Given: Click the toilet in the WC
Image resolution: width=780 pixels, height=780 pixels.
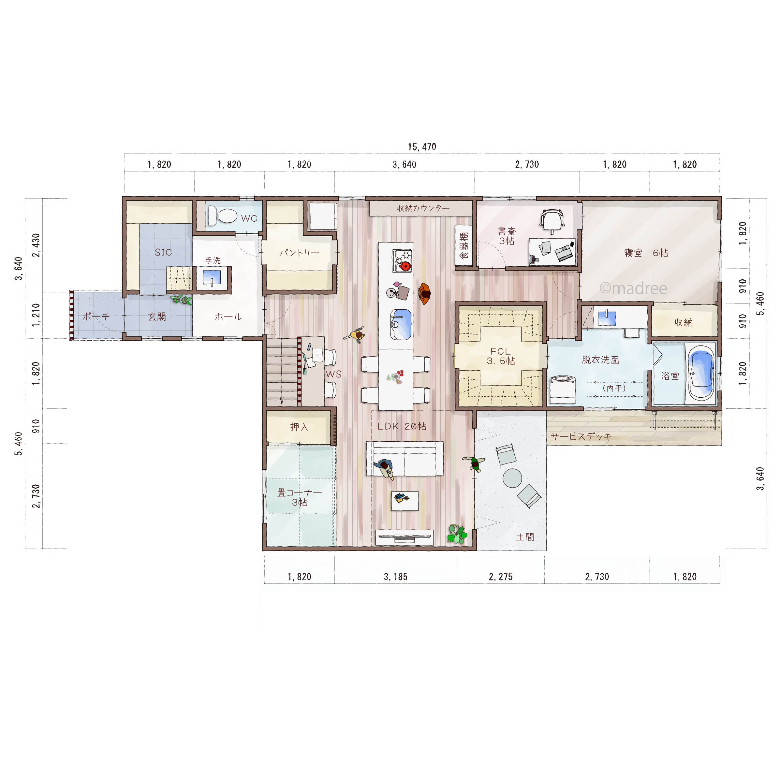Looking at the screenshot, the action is (222, 216).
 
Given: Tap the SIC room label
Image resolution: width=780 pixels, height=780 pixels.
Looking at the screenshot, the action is (163, 252).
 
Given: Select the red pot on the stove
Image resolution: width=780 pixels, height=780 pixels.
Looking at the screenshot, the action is (405, 266).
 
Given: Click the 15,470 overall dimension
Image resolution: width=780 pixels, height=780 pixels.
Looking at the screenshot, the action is (422, 147).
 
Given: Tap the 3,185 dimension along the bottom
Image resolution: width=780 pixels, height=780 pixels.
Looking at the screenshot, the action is (395, 577).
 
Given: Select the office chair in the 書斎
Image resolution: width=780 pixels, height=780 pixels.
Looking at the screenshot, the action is (552, 221).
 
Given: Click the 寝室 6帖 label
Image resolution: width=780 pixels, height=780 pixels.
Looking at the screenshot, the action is (646, 253).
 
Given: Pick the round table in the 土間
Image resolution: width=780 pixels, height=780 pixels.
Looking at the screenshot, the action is (512, 478).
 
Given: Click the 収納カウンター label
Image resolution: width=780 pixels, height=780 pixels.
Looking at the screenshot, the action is (423, 208).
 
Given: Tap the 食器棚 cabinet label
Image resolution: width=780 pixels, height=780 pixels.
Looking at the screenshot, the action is (464, 245).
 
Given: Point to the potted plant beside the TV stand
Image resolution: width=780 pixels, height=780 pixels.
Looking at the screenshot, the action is (457, 534).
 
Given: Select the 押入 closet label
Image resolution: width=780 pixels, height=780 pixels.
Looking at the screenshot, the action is (299, 427).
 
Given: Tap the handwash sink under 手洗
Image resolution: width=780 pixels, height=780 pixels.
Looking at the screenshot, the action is (212, 278).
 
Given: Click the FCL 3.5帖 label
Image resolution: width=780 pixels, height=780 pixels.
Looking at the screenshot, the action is (501, 356).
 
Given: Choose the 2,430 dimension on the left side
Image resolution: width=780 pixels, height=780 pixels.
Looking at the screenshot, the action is (36, 245).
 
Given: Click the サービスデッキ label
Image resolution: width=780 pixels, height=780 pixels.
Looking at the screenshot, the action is (581, 436).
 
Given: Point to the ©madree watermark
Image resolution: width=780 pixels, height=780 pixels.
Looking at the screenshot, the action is (633, 288).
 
